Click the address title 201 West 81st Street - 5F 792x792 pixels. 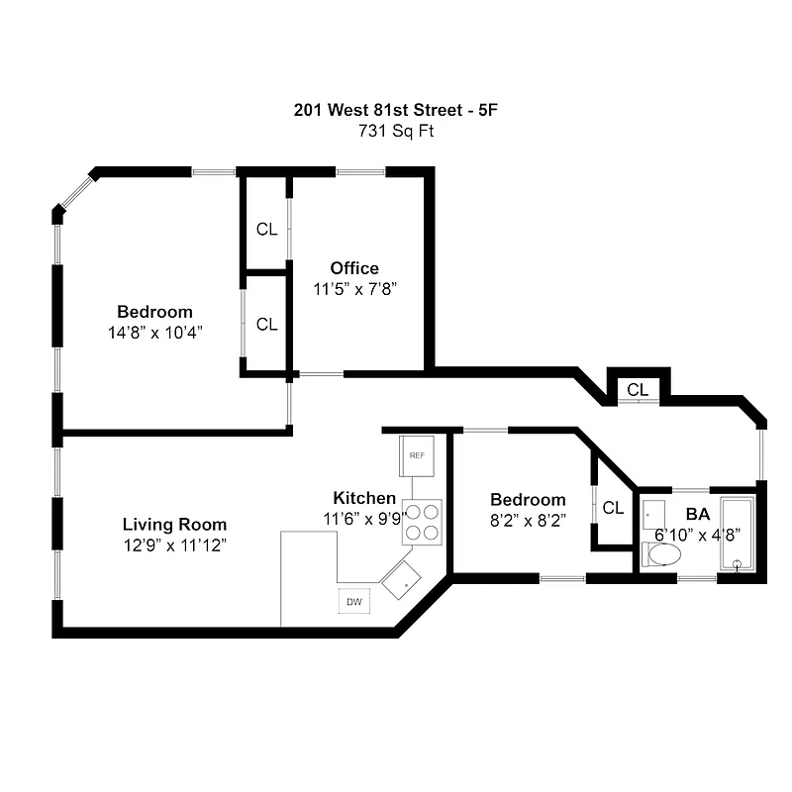pyautogui.click(x=395, y=110)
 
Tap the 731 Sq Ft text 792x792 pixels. pyautogui.click(x=395, y=130)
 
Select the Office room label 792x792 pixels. pyautogui.click(x=354, y=268)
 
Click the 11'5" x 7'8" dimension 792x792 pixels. pyautogui.click(x=354, y=288)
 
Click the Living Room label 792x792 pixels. pyautogui.click(x=174, y=524)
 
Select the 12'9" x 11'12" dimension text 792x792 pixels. pyautogui.click(x=174, y=544)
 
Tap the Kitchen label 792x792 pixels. pyautogui.click(x=364, y=498)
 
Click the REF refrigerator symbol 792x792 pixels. pyautogui.click(x=418, y=456)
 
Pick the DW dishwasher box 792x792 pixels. pyautogui.click(x=353, y=601)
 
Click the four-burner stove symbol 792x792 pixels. pyautogui.click(x=422, y=522)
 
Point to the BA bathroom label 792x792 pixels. pyautogui.click(x=697, y=515)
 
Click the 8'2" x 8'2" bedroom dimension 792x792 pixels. pyautogui.click(x=529, y=521)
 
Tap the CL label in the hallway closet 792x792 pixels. pyautogui.click(x=638, y=390)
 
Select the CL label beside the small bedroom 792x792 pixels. pyautogui.click(x=613, y=508)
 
